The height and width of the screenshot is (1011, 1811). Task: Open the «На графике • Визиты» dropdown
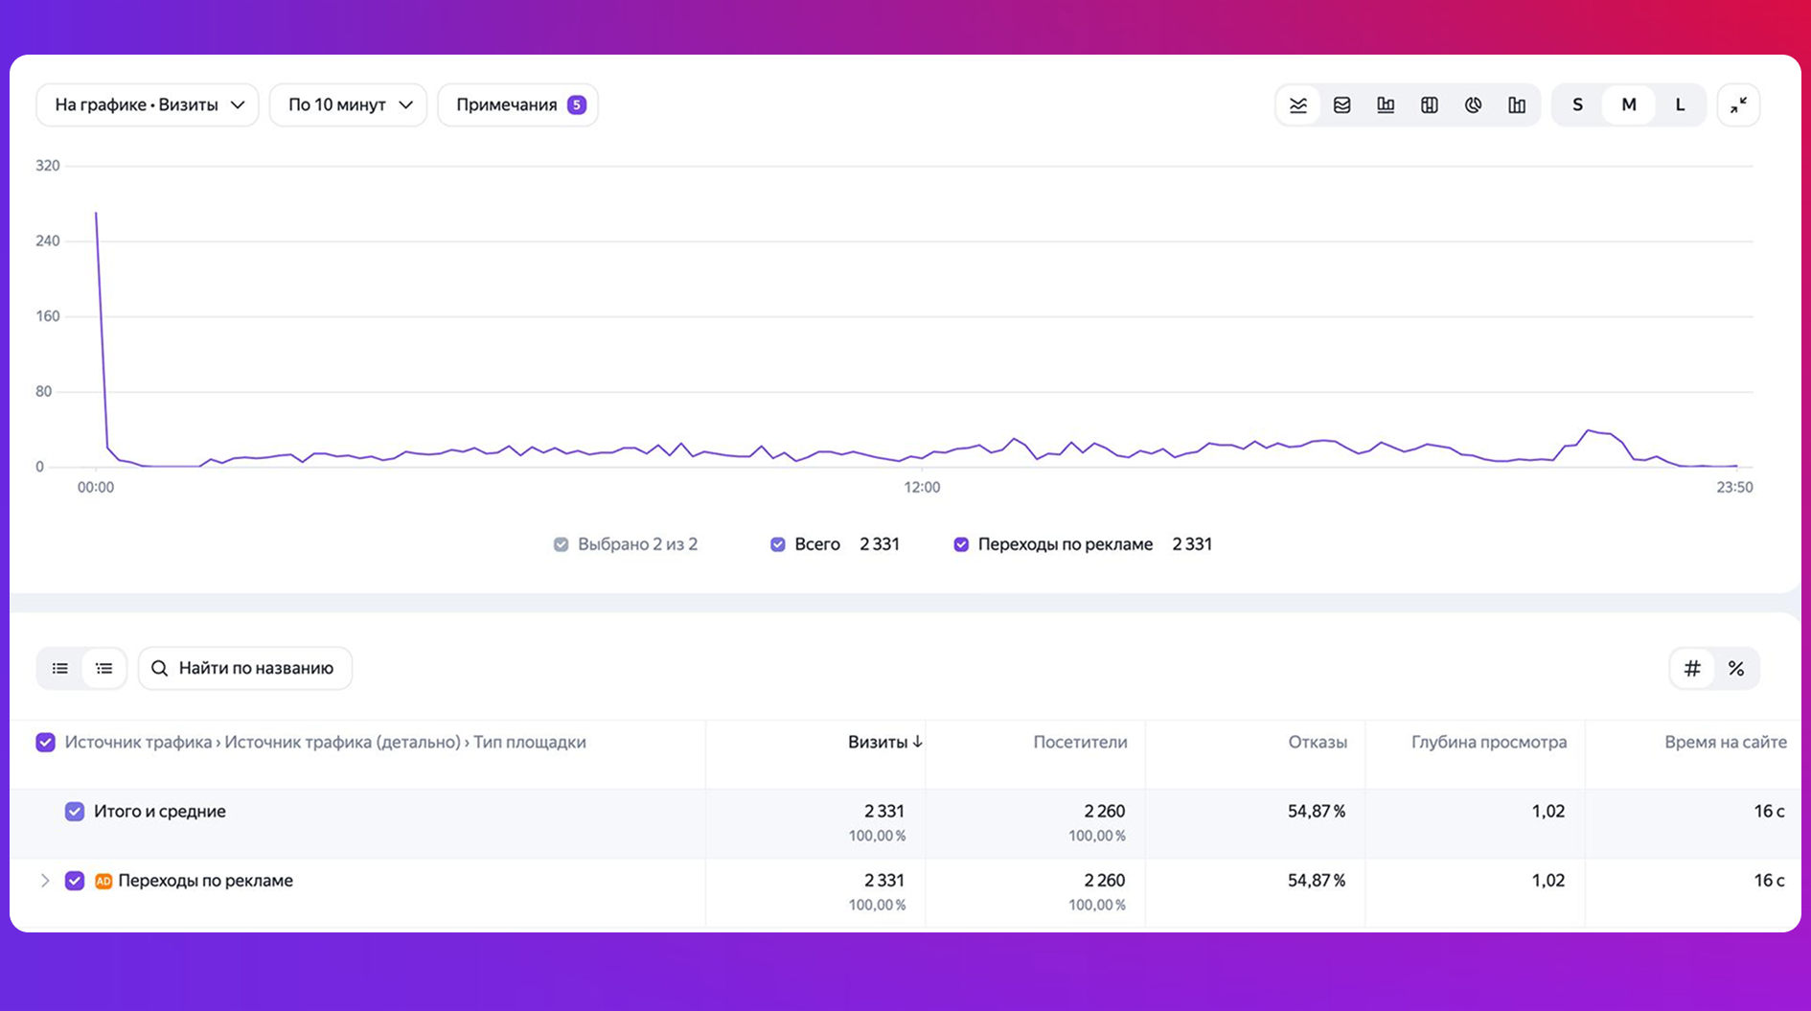coord(148,104)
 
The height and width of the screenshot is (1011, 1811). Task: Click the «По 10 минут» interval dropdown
coord(348,104)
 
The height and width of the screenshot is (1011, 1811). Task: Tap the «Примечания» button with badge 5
coord(518,104)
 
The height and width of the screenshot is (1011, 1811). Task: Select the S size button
coord(1577,104)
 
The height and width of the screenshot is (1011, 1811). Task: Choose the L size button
coord(1680,104)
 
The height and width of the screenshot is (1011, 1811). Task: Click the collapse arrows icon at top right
coord(1738,104)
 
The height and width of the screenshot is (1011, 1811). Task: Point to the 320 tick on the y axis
coord(48,166)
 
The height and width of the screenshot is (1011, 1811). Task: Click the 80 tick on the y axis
coord(43,391)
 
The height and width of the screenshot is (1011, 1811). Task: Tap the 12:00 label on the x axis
coord(922,487)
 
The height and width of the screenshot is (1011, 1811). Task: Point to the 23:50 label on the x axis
coord(1734,487)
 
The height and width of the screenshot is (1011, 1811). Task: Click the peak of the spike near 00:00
coord(96,213)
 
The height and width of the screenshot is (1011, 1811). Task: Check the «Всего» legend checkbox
coord(778,544)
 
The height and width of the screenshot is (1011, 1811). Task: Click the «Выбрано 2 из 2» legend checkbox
coord(561,544)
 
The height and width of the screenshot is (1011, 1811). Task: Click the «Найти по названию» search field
coord(245,668)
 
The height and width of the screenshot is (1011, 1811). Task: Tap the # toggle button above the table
coord(1692,668)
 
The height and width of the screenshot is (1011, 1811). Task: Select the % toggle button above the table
coord(1735,668)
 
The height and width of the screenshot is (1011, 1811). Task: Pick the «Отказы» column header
coord(1318,742)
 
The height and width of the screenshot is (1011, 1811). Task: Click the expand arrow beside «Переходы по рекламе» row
coord(44,881)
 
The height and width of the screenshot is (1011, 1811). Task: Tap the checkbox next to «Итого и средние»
coord(75,812)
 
